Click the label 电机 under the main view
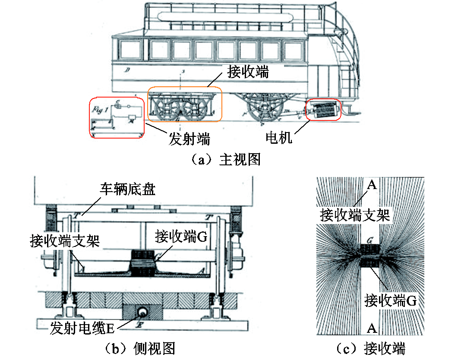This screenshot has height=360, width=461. click(278, 138)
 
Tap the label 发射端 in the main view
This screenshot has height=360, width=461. click(189, 139)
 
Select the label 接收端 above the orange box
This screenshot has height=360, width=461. click(248, 72)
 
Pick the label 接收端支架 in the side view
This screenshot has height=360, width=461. click(65, 240)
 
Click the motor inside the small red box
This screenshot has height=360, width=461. click(323, 111)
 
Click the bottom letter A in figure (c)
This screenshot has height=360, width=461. click(372, 329)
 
